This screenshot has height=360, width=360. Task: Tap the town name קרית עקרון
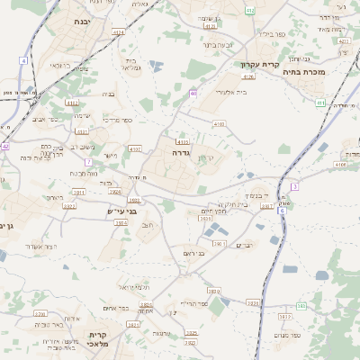(261, 65)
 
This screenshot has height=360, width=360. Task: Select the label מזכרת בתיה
(328, 70)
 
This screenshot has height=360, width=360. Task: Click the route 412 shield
(250, 10)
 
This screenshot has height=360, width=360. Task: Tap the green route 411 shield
(320, 103)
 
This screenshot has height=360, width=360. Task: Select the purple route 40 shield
(193, 93)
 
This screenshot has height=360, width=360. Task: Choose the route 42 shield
(5, 146)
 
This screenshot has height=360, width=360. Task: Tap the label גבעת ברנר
(218, 43)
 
